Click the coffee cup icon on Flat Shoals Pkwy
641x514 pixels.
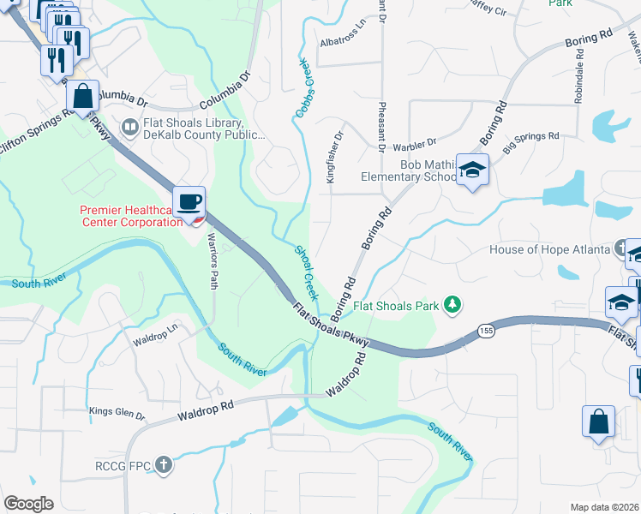coord(189,202)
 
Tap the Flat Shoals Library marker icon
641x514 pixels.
coord(130,128)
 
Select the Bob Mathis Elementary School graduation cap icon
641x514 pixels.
coord(471,170)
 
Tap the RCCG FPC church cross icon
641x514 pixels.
coord(163,467)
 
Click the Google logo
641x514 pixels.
coord(29,504)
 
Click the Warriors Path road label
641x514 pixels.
coord(213,264)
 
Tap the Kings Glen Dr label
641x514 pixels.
coord(117,413)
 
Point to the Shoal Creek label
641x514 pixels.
coord(307,272)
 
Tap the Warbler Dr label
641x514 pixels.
coord(415,141)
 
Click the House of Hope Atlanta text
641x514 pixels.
coord(549,250)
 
